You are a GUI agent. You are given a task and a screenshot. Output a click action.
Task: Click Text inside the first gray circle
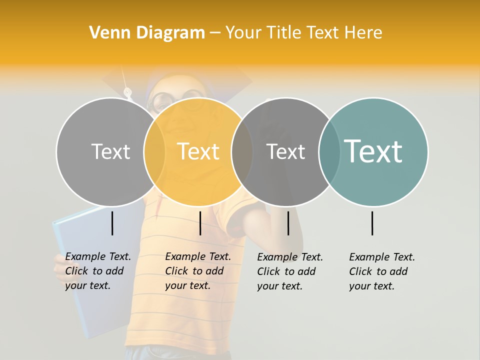tap(110, 151)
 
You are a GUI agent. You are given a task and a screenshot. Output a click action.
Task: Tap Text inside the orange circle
tap(198, 151)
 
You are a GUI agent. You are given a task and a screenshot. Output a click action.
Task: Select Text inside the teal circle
tap(373, 151)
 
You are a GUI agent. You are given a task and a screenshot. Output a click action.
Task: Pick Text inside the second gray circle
tap(285, 151)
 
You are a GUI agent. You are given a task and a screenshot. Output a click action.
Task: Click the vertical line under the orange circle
tap(200, 223)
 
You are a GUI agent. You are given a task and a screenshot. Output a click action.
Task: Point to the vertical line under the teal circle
tap(372, 223)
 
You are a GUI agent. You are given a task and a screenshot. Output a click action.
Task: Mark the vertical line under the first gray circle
tap(112, 223)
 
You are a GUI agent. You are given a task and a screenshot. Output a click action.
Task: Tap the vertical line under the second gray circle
tap(288, 223)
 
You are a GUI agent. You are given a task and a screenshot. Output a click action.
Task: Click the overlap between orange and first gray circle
tap(154, 151)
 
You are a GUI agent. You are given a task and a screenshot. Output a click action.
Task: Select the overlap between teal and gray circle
tap(329, 151)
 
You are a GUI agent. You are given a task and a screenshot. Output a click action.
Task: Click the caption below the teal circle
tap(381, 271)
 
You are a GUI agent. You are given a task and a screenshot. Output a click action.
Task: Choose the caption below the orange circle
tap(197, 271)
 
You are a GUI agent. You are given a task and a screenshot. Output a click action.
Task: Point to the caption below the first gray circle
tap(97, 271)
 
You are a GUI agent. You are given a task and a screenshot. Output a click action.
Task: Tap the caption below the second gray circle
tap(289, 271)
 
